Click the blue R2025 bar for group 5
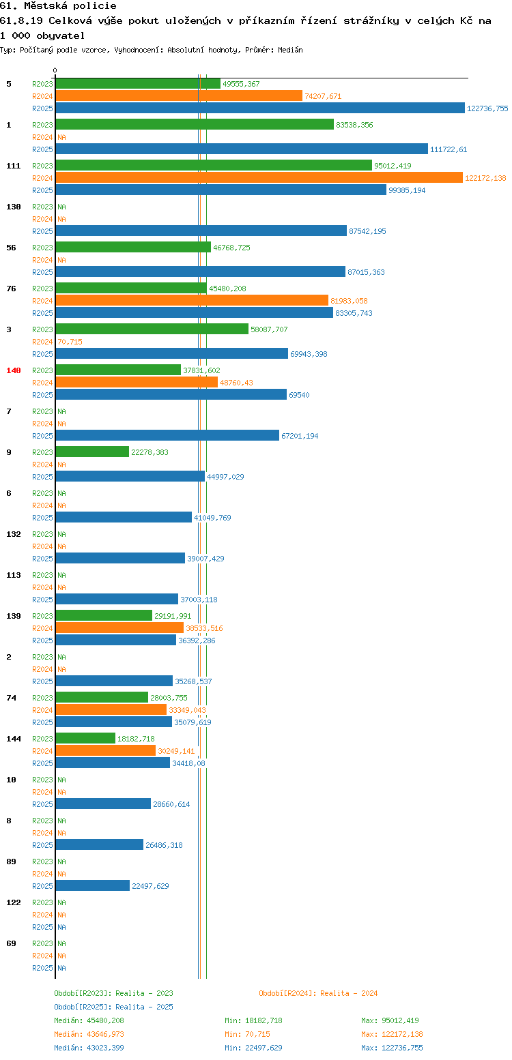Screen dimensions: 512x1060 coord(260,108)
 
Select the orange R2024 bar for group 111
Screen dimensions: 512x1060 coord(259,177)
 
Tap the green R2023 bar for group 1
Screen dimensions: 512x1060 coord(195,124)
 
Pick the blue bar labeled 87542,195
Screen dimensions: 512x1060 coord(201,231)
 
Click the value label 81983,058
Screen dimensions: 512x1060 coord(349,301)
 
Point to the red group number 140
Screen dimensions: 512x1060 coord(14,370)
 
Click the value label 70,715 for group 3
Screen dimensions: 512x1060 coord(70,342)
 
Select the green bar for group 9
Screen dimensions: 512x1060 coord(92,452)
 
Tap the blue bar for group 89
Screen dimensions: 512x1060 coord(93,885)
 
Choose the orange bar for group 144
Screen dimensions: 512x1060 coord(106,750)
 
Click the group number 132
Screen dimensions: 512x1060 coord(14,534)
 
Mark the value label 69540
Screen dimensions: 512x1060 coord(299,395)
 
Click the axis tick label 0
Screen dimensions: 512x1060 coord(55,70)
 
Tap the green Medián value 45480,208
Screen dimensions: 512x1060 coord(105,1020)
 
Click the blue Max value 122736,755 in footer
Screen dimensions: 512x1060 coord(402,1048)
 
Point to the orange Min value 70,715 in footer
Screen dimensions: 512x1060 coord(257,1035)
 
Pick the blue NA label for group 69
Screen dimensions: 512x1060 coord(61,968)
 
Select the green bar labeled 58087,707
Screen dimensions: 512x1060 coord(152,329)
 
